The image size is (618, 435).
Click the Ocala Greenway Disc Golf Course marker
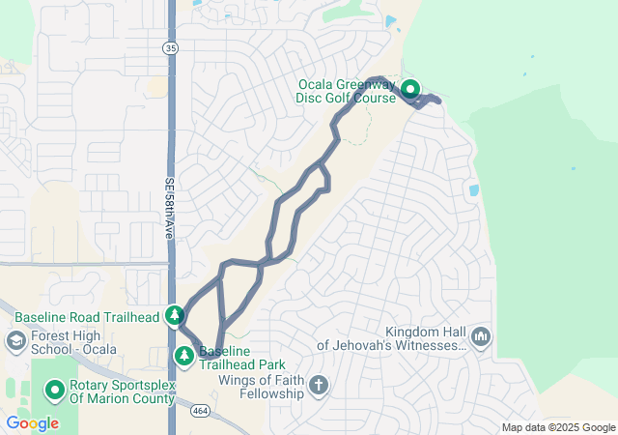[409, 89]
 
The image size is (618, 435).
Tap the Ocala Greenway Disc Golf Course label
[348, 91]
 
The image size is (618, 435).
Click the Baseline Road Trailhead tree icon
[175, 314]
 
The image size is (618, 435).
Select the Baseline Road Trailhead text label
[88, 316]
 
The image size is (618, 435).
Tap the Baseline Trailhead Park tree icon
[183, 357]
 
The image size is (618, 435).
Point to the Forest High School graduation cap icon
[16, 340]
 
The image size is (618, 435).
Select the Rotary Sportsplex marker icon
[55, 391]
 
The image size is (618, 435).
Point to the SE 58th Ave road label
[170, 208]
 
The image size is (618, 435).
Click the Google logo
[32, 423]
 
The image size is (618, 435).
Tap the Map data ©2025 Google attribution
[558, 428]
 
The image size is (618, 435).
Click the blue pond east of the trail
[473, 190]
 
